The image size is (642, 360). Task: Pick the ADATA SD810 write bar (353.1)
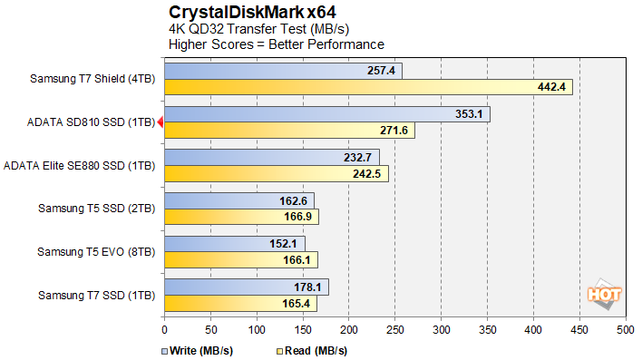(326, 114)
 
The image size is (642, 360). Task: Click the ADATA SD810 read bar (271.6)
(289, 131)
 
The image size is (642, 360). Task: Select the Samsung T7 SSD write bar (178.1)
(246, 287)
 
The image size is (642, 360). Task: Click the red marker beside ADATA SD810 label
(160, 122)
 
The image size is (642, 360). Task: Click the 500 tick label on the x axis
(625, 331)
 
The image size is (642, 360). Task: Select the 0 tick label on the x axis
(164, 331)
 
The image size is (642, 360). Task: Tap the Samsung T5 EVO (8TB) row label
(97, 251)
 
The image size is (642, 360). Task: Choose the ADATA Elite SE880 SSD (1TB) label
(80, 165)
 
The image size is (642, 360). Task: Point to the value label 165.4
(297, 303)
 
